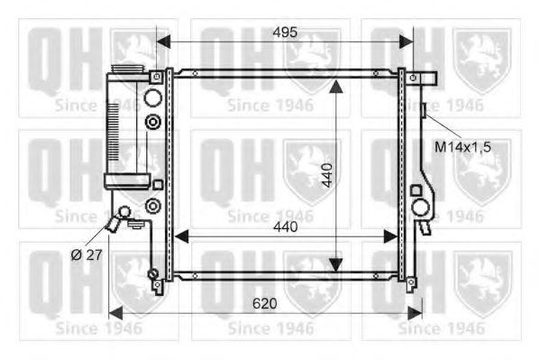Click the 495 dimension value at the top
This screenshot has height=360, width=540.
pyautogui.click(x=285, y=32)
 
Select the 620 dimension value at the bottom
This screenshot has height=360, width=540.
pyautogui.click(x=264, y=304)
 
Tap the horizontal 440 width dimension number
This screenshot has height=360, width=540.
pyautogui.click(x=285, y=227)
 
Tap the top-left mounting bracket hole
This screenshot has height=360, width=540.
pyautogui.click(x=157, y=77)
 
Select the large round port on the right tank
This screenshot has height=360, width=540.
pyautogui.click(x=420, y=208)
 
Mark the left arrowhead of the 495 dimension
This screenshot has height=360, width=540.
pyautogui.click(x=163, y=42)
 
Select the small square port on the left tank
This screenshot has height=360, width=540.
pyautogui.click(x=158, y=185)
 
